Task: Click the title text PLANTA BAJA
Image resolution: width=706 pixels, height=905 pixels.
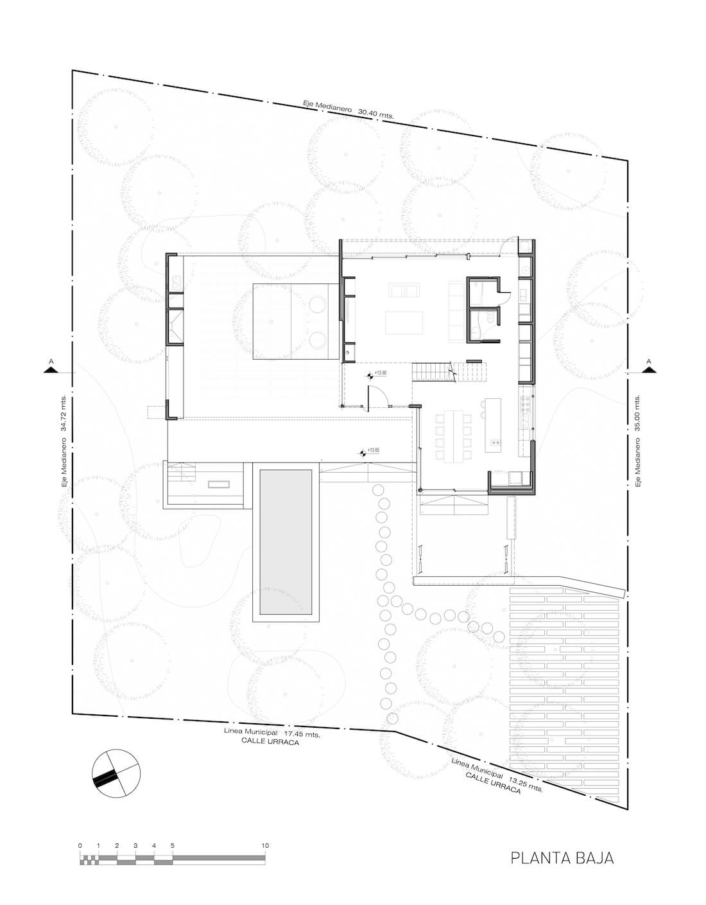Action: [x=562, y=858]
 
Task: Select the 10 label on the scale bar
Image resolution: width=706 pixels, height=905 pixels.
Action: [x=265, y=845]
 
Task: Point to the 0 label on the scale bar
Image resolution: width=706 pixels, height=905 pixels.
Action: [x=80, y=845]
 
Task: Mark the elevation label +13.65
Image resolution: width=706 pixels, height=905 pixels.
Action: [x=373, y=450]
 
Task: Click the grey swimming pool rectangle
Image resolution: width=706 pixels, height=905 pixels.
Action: [x=286, y=541]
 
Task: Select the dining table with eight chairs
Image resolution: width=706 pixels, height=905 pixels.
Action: [x=455, y=436]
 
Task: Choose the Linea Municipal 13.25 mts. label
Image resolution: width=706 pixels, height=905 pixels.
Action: [x=497, y=775]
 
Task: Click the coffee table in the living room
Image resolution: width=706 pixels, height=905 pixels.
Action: [x=404, y=322]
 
